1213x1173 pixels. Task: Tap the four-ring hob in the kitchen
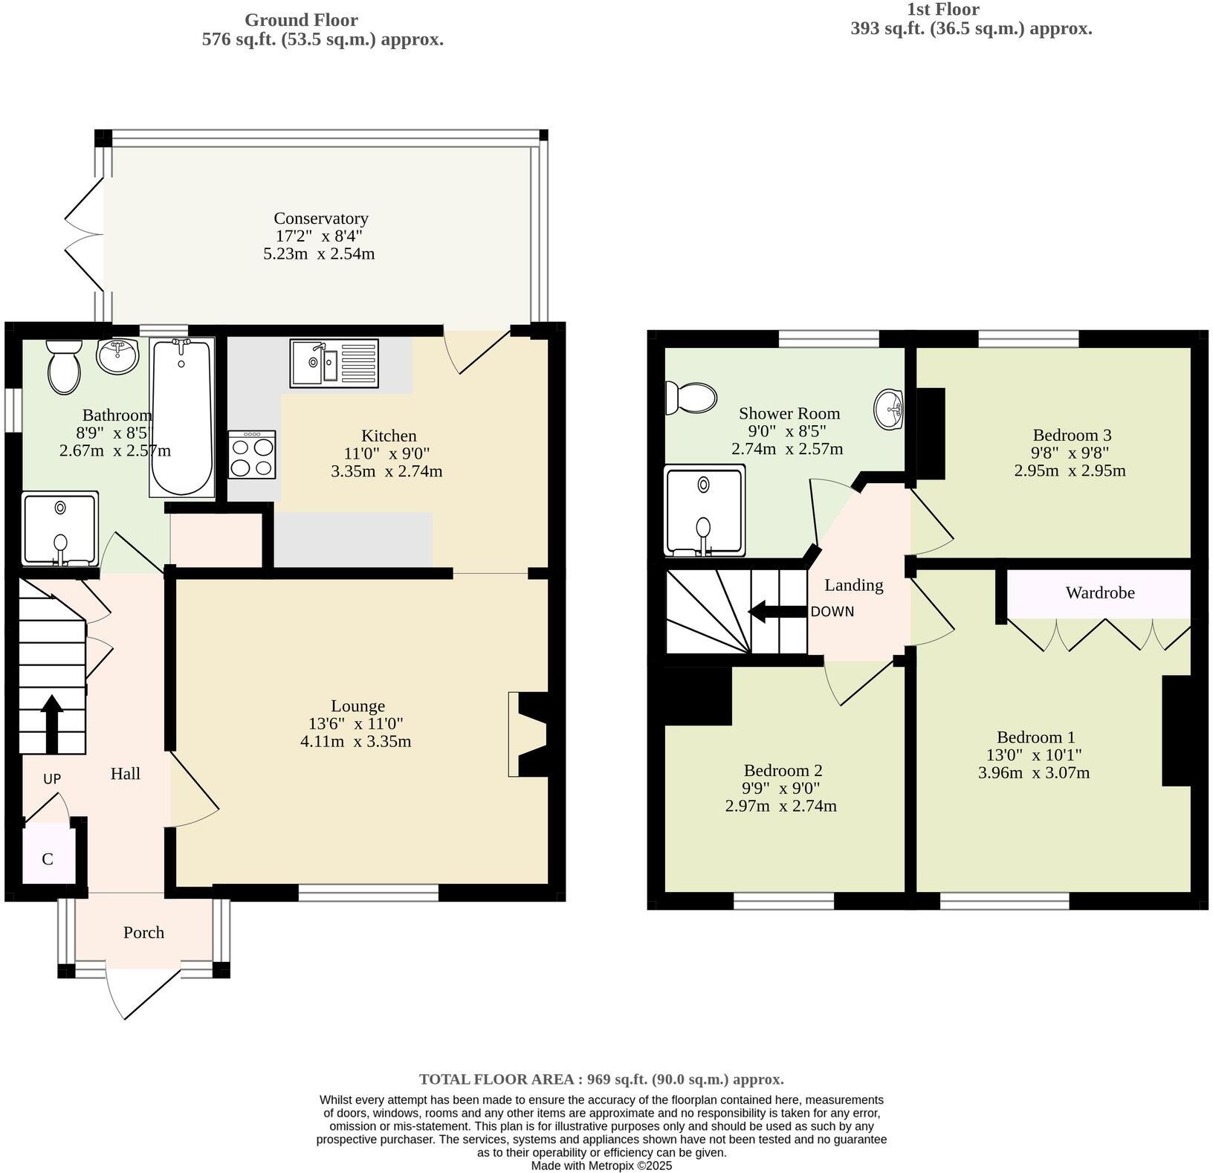point(252,454)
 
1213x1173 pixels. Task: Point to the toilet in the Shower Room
point(690,398)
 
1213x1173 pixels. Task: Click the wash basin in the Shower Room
point(890,409)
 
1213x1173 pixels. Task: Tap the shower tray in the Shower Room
point(704,511)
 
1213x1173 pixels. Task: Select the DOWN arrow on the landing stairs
point(777,612)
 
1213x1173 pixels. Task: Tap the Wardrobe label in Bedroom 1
point(1099,592)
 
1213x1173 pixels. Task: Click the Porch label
point(143,932)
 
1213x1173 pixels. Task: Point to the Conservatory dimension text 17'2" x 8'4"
point(320,236)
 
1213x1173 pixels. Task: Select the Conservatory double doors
point(85,234)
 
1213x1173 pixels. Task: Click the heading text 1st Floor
point(942,10)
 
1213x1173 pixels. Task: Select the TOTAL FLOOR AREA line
point(601,1079)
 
